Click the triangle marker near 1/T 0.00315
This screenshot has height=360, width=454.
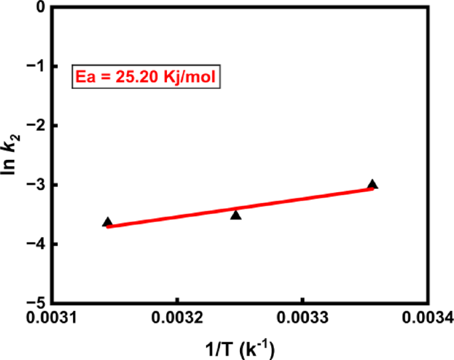[107, 222]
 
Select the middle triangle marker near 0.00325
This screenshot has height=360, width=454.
[235, 215]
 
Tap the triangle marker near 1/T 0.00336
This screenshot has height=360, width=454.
[372, 184]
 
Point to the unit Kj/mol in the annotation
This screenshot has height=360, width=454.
[187, 78]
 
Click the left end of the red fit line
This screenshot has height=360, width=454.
[107, 226]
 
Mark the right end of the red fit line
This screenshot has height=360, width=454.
[373, 189]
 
